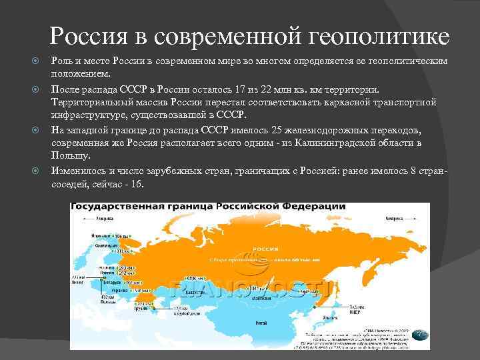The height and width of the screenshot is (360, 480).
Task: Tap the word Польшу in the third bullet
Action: [67, 155]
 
